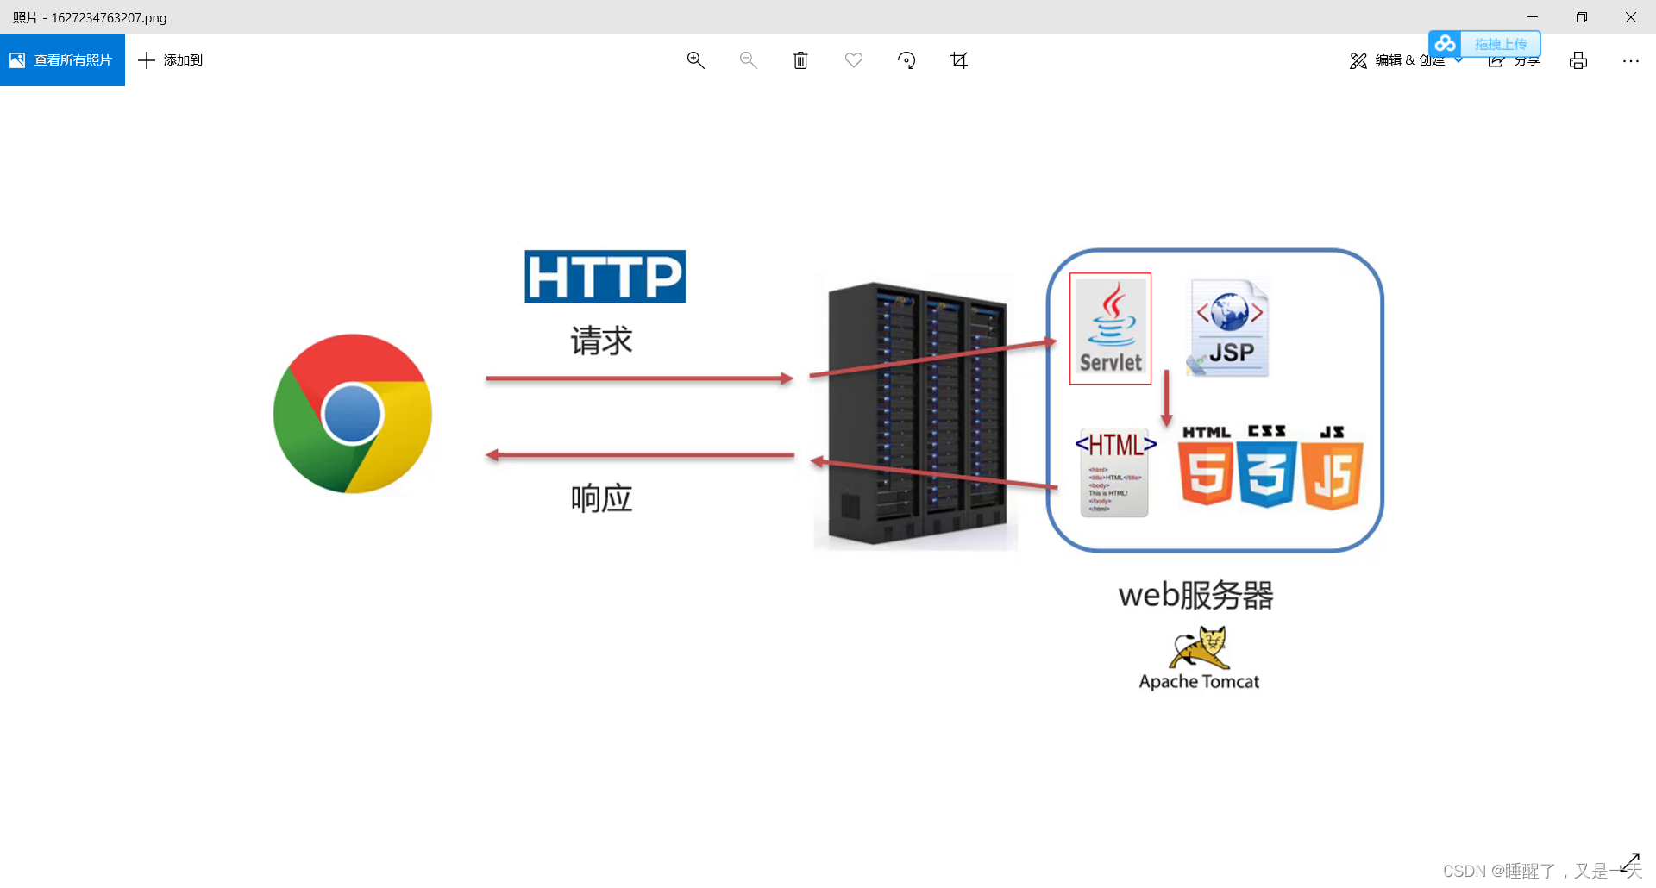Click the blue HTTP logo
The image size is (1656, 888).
pos(605,277)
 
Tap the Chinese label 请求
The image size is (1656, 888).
pos(601,341)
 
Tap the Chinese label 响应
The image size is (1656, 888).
pos(601,498)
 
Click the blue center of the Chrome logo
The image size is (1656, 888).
pos(352,414)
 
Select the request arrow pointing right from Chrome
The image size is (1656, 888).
pos(638,378)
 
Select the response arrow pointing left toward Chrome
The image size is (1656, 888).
pos(638,455)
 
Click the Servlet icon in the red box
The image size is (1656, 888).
pos(1110,328)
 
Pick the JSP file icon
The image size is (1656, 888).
pos(1229,328)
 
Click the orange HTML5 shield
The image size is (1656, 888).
pos(1205,473)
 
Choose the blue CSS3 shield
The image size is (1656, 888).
pos(1266,473)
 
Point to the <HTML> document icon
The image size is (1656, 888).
pos(1114,473)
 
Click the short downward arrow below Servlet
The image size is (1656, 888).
pos(1166,397)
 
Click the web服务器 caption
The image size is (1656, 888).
pos(1195,595)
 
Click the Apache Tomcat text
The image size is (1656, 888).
pos(1199,682)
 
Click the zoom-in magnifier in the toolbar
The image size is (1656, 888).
pos(695,60)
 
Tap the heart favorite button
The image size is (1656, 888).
pos(853,60)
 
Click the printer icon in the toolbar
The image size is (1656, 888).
pos(1578,60)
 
